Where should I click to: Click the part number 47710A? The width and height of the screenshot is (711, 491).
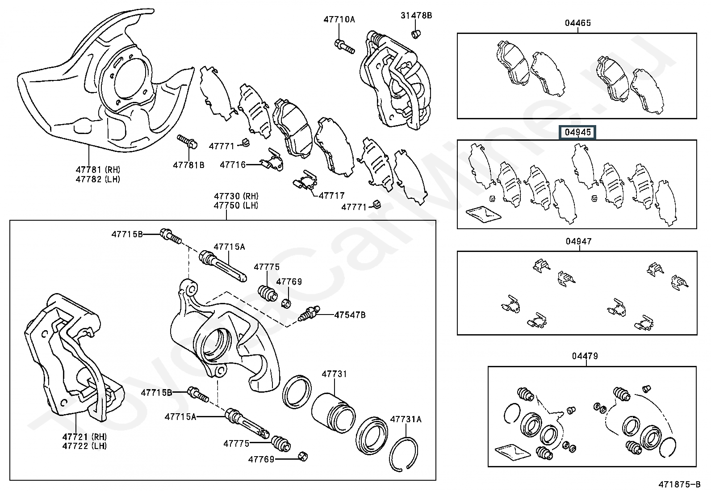pos(339,19)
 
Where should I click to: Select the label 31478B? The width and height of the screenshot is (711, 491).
pos(416,15)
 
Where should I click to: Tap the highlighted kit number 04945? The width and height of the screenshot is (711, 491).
pos(578,132)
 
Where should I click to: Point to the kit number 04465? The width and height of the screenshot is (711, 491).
pos(578,23)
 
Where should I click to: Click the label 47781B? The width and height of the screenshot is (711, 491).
pos(188,165)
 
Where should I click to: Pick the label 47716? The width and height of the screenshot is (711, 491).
pos(233,164)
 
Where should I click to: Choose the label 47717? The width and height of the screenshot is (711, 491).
pos(332,195)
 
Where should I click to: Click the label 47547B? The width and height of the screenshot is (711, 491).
pos(350,315)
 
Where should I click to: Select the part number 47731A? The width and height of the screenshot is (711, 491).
pos(406,419)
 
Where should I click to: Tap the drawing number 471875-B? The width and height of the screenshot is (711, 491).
pos(679,484)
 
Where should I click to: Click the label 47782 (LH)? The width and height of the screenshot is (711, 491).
pos(98,180)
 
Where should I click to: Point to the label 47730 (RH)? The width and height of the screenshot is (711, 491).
pos(236,196)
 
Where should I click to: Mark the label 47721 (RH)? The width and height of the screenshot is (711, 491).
pos(84,436)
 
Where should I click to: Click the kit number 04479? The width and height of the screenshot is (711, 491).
pos(585,356)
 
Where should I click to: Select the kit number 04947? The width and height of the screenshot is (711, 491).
pos(579,241)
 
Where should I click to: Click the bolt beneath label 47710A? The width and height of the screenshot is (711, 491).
pos(345,46)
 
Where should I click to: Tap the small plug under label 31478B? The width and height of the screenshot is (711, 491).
pos(416,34)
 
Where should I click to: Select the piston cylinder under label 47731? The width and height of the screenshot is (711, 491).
pos(333,412)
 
